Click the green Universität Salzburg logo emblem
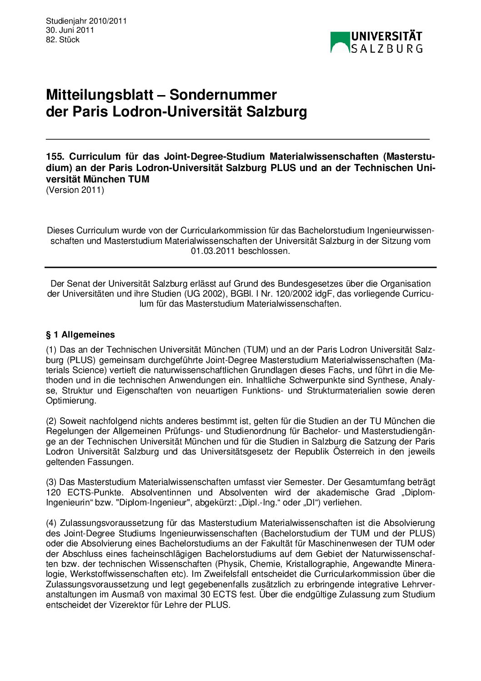(x=340, y=42)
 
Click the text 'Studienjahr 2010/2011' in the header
(x=86, y=21)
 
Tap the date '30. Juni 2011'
(x=70, y=30)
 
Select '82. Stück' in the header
(x=63, y=40)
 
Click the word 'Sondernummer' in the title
(x=223, y=95)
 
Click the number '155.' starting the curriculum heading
(x=55, y=156)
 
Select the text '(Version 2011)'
(x=75, y=190)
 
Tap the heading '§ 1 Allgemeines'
(x=80, y=335)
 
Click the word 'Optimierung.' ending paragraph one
(x=71, y=401)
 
